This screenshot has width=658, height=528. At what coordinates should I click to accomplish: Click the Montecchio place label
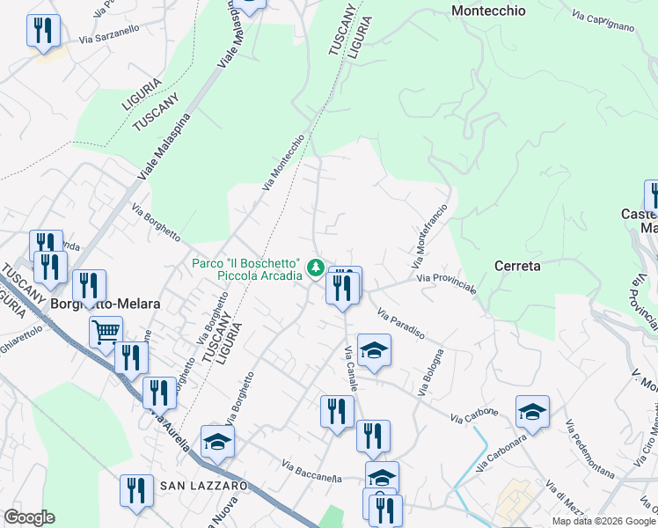pos(488,11)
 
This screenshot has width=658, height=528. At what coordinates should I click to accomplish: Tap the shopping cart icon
pos(106,332)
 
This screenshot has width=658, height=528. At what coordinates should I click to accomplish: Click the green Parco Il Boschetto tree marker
pos(315,265)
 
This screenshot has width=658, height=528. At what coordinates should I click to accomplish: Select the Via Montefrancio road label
pos(430,236)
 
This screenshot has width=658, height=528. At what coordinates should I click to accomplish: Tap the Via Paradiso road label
pos(401,325)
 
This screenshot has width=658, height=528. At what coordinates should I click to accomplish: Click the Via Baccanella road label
pos(311,472)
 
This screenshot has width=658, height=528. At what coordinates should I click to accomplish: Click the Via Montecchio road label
pos(283,161)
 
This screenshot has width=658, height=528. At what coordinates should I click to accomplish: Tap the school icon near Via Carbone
pos(532,410)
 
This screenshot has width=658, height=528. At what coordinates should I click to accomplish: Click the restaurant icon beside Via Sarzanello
pos(41,30)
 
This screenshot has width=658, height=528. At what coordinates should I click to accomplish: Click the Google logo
pos(29,517)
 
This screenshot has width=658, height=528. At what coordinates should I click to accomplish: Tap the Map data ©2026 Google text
pos(604,521)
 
